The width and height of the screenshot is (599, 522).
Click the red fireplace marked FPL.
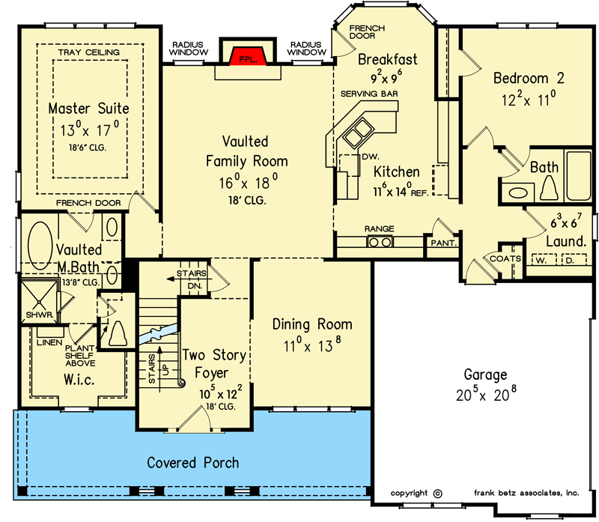(x=248, y=57)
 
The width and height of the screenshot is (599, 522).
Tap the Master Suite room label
(x=88, y=109)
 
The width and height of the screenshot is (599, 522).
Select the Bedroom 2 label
(x=529, y=79)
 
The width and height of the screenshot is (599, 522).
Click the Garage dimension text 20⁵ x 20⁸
(x=486, y=395)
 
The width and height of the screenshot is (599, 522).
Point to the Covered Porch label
(x=193, y=463)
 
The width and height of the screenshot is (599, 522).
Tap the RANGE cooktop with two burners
(x=380, y=242)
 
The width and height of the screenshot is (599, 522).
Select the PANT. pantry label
(x=443, y=243)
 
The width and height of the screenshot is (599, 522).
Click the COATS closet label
(x=505, y=258)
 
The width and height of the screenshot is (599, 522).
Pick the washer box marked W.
(x=541, y=260)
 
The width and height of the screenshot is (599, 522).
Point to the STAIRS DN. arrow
(x=180, y=279)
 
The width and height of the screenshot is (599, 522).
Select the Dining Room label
(x=312, y=324)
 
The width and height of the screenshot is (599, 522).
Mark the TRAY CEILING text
(x=89, y=52)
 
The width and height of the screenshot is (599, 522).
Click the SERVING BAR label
(x=369, y=94)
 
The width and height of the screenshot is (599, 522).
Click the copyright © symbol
(x=438, y=494)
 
